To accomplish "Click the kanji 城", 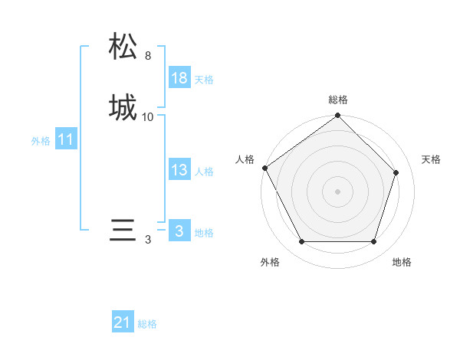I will click(123, 107).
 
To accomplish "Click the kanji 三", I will click(123, 231).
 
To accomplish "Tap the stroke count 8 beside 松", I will click(148, 56).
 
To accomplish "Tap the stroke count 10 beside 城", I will click(148, 117).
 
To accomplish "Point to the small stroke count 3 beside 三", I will click(148, 240).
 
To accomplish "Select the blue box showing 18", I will click(179, 78).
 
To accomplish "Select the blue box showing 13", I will click(179, 171).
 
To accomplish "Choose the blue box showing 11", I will click(66, 140).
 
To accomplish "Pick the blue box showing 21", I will click(123, 323).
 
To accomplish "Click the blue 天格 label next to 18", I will click(204, 80).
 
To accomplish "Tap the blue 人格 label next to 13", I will click(204, 172).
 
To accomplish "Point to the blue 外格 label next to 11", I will click(41, 141).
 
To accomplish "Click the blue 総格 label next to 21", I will click(147, 324).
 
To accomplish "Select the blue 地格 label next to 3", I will click(204, 233).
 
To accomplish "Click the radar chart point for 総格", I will click(338, 116).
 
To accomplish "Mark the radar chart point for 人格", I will click(265, 168).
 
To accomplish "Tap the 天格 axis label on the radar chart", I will click(431, 159).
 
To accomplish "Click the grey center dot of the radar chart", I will click(338, 191).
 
